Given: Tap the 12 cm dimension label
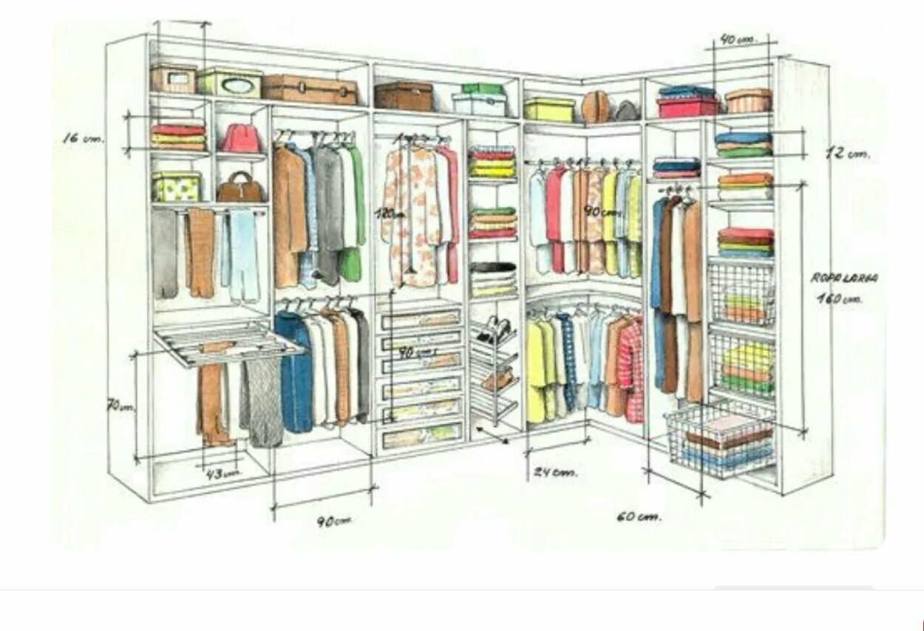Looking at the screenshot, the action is pos(846,154).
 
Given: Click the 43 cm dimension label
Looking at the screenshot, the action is pos(222,473).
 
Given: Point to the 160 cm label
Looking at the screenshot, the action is pos(839,299).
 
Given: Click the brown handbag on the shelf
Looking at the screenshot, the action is pos(240,188).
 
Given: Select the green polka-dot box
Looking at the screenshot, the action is pos(177,186).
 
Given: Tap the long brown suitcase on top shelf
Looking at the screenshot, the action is pos(310,89).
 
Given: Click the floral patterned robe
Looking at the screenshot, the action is pos(415,214).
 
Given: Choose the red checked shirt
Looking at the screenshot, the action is pos(632,369).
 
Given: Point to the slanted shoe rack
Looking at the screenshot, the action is pos(494,369).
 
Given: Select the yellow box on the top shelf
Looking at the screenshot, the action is pos(549,109).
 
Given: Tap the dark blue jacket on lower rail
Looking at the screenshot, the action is pos(295,373).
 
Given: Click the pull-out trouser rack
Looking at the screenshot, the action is pos(222,340).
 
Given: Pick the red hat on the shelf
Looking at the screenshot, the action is pos(241,138).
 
